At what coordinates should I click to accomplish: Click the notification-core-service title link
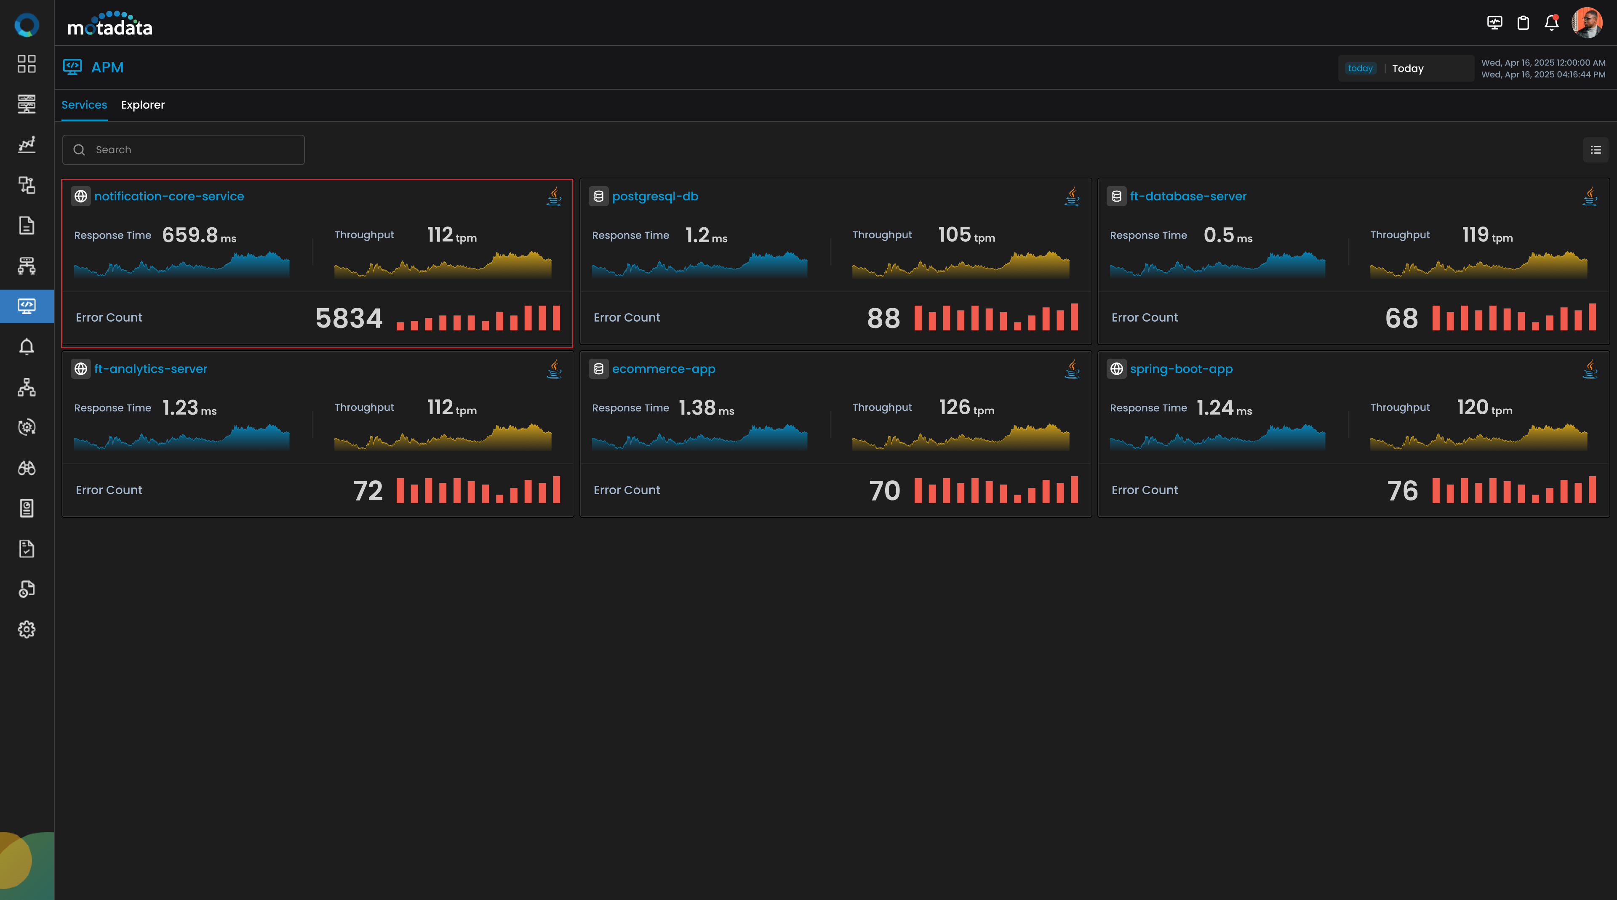tap(169, 197)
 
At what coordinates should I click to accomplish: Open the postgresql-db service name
tap(655, 197)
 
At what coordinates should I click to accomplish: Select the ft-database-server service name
tap(1187, 197)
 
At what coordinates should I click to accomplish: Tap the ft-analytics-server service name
tap(151, 369)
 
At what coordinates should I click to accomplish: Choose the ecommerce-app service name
tap(664, 369)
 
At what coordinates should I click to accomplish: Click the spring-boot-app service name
tap(1181, 369)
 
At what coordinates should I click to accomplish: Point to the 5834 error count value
tap(349, 317)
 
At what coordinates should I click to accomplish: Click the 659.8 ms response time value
tap(199, 235)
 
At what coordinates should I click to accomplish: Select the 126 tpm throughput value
tap(966, 408)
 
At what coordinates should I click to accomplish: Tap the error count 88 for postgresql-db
tap(883, 317)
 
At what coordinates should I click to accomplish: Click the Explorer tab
tap(142, 105)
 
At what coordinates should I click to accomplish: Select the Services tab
tap(84, 105)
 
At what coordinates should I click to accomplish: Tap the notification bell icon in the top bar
tap(1551, 23)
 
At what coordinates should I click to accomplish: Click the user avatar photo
tap(1586, 23)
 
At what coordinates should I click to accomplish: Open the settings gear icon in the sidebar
tap(27, 629)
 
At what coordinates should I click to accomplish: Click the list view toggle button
tap(1596, 150)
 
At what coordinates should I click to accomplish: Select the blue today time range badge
tap(1360, 69)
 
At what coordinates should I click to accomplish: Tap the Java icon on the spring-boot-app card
tap(1590, 369)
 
